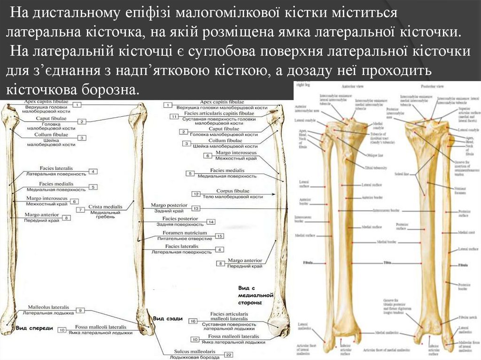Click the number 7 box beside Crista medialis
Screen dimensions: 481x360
pyautogui.click(x=81, y=209)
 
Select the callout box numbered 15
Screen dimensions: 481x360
pyautogui.click(x=219, y=236)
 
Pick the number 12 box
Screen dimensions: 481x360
pyautogui.click(x=196, y=194)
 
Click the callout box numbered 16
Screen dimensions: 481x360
pyautogui.click(x=193, y=321)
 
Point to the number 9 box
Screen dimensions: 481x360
pyautogui.click(x=80, y=310)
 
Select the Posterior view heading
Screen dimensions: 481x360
pyautogui.click(x=434, y=87)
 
